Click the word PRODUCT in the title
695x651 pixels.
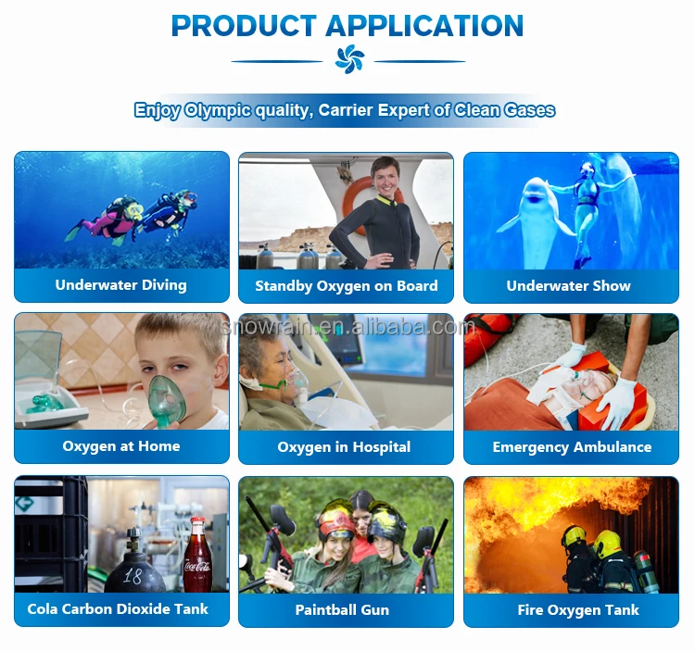coord(244,26)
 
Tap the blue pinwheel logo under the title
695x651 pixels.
coord(349,59)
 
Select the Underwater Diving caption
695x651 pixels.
coord(121,285)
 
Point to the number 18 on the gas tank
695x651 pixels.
coord(133,576)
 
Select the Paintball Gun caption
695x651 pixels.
coord(342,610)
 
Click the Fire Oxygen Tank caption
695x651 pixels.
coord(578,610)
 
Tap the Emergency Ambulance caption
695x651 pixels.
coord(572,447)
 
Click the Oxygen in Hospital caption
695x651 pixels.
coord(344,447)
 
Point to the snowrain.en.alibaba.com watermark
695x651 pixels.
coord(347,327)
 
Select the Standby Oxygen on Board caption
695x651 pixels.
coord(347,285)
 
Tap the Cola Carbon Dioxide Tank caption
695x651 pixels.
coord(118,609)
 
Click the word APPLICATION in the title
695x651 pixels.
coord(424,26)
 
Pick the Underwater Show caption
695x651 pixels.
coord(569,285)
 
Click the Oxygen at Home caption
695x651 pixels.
coord(121,446)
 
